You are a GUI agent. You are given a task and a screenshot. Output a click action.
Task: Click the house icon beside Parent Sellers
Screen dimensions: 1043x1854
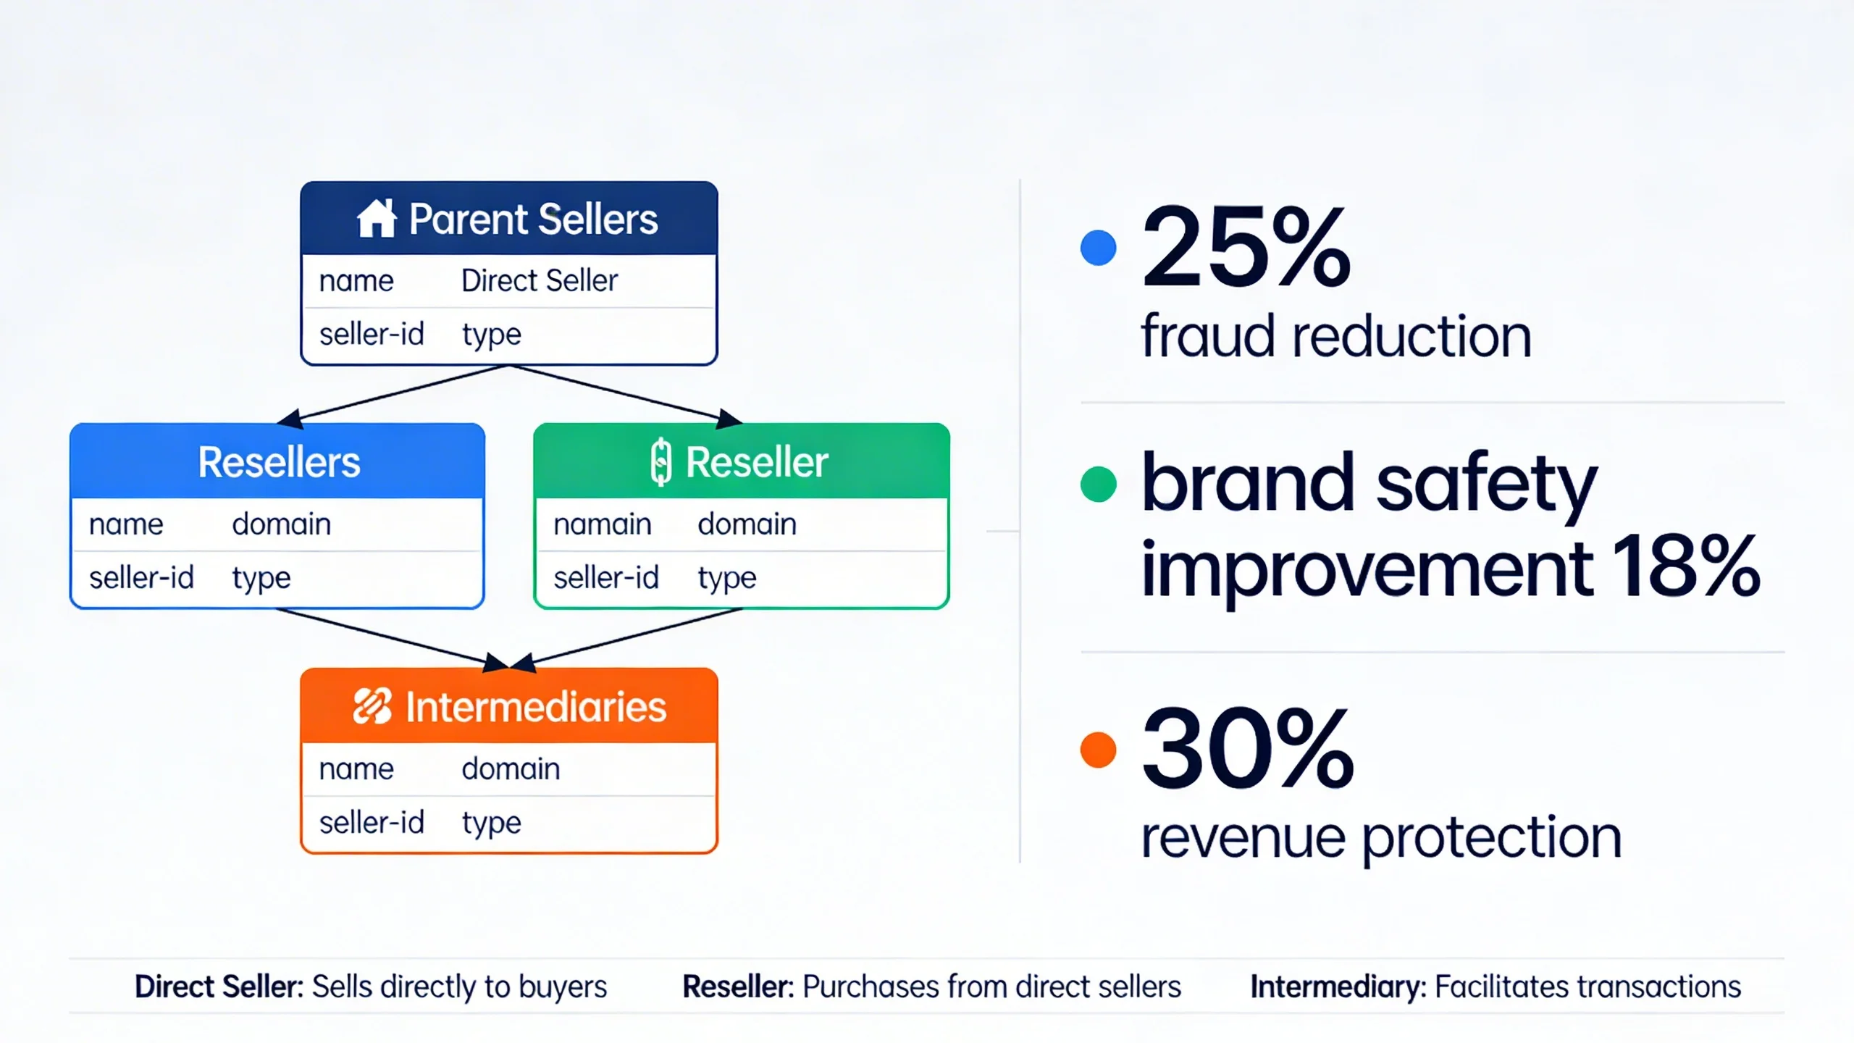click(x=376, y=219)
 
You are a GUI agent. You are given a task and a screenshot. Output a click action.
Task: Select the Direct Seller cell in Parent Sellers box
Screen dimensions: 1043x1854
click(x=539, y=281)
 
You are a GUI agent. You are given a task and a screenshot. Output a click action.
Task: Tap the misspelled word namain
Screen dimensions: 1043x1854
click(x=602, y=524)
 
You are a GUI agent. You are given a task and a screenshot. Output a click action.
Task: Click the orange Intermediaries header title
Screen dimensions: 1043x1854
click(x=535, y=707)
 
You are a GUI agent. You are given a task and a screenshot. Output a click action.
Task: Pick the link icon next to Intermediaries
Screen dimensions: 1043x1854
click(x=372, y=706)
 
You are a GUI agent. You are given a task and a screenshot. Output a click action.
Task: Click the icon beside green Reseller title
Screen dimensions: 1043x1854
click(x=660, y=462)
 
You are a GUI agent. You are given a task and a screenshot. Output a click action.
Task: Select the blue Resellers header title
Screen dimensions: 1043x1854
click(x=279, y=462)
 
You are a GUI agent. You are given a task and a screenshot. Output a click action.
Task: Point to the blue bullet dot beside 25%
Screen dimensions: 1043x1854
click(x=1098, y=248)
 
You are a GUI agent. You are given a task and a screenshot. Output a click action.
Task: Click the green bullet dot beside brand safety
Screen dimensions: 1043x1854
click(x=1098, y=484)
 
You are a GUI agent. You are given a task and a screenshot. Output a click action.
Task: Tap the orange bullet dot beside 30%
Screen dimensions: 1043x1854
click(x=1098, y=750)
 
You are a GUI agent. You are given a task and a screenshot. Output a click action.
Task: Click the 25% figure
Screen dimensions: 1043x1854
click(x=1246, y=248)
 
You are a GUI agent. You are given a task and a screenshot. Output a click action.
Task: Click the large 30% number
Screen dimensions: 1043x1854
click(x=1247, y=750)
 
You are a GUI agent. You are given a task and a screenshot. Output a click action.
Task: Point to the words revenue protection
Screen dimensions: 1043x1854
click(x=1380, y=837)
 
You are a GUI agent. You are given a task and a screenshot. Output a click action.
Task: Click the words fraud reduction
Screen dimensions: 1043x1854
click(x=1335, y=336)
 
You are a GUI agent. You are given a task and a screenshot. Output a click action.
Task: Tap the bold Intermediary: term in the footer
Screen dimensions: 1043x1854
click(x=1338, y=987)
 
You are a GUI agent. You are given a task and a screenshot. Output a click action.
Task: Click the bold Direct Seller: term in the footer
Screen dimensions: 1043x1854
click(x=219, y=987)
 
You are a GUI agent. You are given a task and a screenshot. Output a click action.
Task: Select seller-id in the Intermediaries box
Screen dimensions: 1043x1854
click(x=371, y=823)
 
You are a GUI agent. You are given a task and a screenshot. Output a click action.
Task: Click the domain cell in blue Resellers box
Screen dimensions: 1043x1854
click(x=281, y=524)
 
